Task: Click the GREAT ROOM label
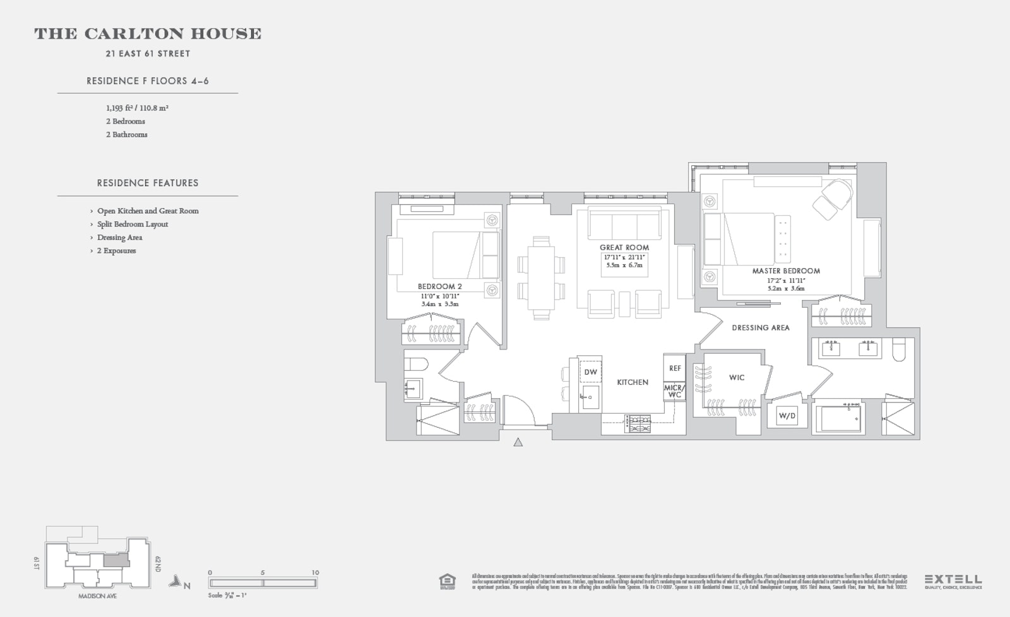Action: (624, 247)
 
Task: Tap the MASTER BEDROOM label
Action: (786, 271)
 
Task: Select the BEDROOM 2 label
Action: (440, 286)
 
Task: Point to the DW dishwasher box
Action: (590, 372)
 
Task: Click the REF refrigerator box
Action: (675, 368)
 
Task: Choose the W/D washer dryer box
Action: (787, 416)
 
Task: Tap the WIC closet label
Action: (737, 377)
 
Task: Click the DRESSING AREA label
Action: (761, 327)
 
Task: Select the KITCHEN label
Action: (633, 382)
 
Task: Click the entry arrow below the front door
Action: (518, 442)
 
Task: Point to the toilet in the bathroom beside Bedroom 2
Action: (416, 364)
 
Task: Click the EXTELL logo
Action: (953, 579)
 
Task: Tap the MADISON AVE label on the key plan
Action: (97, 596)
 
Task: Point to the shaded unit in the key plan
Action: (114, 560)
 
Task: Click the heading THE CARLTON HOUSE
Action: (148, 34)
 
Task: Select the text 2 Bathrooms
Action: (127, 134)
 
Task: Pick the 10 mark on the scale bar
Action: (315, 573)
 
